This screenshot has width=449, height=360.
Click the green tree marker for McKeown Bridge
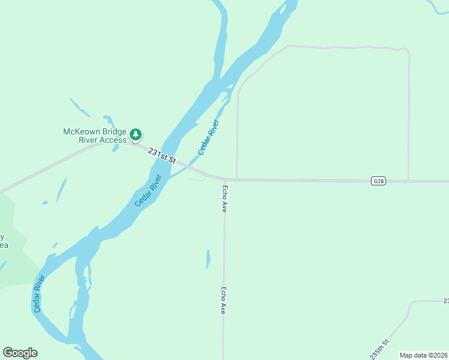coord(136,134)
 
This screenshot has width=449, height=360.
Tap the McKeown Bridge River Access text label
coord(95,136)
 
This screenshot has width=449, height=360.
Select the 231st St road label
coord(162,157)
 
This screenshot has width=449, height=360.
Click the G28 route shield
coord(378,181)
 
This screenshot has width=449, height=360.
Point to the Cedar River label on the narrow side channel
coord(209,137)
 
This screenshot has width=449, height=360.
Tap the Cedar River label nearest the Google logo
coord(40,294)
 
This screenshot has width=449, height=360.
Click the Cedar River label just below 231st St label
coord(149,190)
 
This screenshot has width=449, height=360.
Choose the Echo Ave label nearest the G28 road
coord(224,199)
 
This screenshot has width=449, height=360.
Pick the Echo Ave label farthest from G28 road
coord(223,300)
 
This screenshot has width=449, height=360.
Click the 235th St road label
coord(380,349)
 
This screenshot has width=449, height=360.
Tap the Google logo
coord(20,353)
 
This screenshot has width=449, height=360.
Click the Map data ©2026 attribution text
coord(423,355)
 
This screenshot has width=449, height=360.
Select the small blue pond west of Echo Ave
coord(208,259)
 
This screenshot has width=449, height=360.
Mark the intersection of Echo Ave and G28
coord(225,179)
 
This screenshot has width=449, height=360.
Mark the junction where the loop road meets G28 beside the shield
coord(408,180)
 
